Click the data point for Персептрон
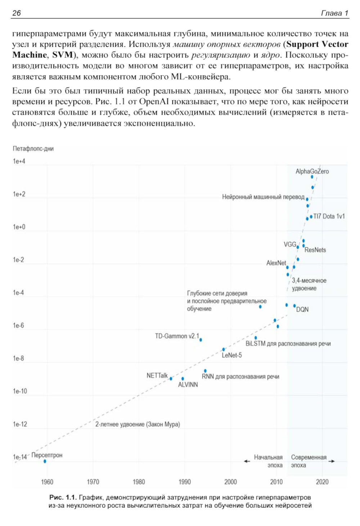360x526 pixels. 45,461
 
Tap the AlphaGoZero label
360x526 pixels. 312,171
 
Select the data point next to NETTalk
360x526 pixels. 171,379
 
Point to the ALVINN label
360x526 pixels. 188,385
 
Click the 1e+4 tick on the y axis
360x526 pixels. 19,161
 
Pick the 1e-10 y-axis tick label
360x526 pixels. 20,391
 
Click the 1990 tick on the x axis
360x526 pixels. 185,482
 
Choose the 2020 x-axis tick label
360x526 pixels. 322,482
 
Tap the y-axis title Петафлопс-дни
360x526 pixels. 33,149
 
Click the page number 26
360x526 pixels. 17,13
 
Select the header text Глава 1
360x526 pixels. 334,13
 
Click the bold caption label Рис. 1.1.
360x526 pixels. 63,498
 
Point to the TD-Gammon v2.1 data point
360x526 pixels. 201,340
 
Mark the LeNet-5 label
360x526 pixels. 232,355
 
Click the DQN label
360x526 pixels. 302,309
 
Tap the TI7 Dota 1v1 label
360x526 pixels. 329,216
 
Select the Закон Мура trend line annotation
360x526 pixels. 138,424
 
